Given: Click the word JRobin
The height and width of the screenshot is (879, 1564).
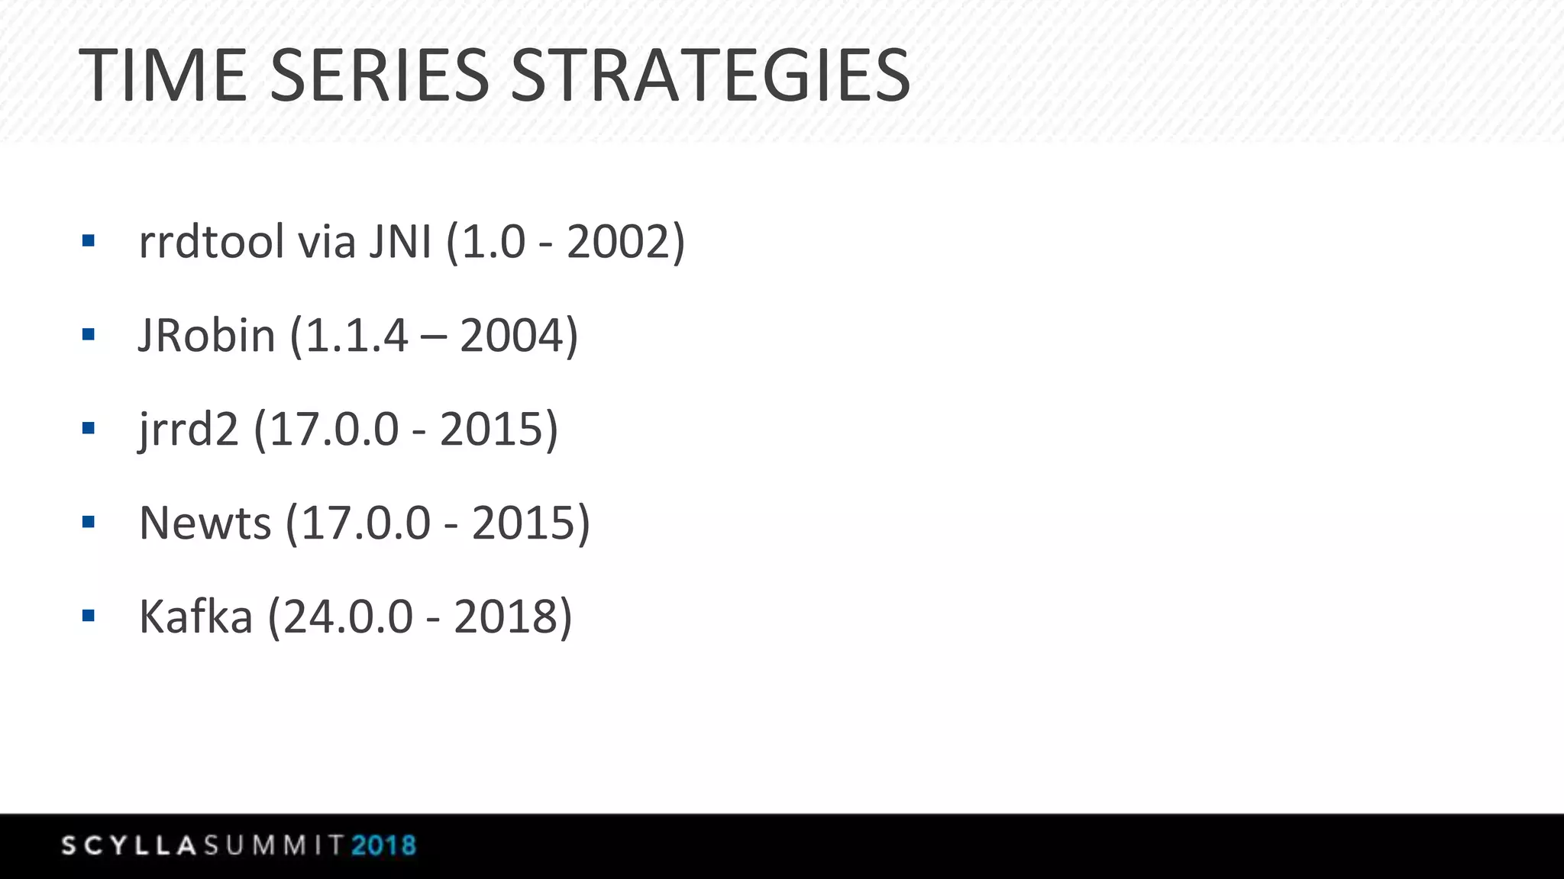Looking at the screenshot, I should coord(207,335).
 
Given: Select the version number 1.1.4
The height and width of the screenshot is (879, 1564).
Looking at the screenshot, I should coord(357,335).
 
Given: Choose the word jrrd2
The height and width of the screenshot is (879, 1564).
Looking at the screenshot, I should coord(189,430).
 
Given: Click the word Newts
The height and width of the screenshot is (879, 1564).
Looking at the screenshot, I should coord(205,523).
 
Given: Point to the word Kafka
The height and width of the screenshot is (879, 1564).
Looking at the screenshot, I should coord(195,617).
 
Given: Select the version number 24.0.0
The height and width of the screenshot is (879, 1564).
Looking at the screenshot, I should coord(348,617).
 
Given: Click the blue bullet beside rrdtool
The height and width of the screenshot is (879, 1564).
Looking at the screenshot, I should coord(89,241).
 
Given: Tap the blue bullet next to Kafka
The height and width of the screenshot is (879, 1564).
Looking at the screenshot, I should coord(89,616).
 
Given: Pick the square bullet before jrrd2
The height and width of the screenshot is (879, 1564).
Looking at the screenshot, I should coord(89,428).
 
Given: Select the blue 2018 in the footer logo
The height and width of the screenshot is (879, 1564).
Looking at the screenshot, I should coord(383,845).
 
